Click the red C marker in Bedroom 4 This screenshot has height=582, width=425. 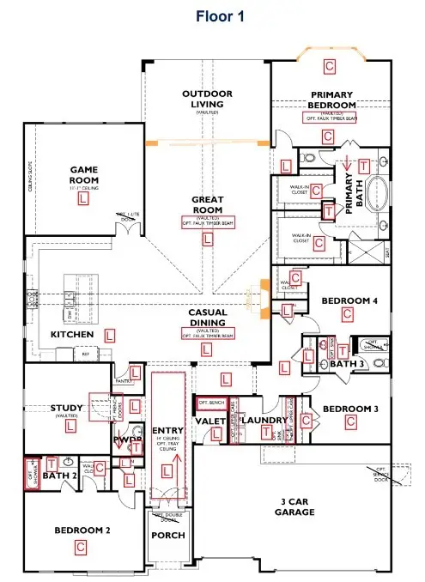coord(348,316)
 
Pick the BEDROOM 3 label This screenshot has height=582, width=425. coord(349,408)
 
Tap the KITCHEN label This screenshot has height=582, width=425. coord(71,334)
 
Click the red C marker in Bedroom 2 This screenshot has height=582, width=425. coord(82,546)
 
